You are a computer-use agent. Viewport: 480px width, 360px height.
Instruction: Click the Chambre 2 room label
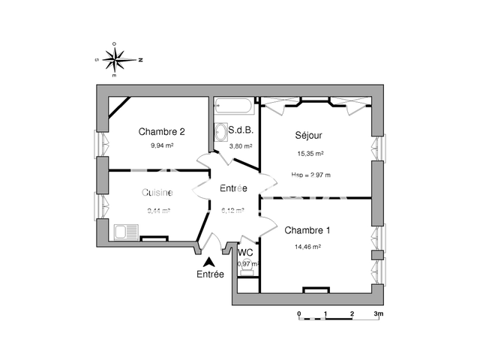point(161,132)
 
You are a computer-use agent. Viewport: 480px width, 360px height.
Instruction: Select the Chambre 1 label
point(307,231)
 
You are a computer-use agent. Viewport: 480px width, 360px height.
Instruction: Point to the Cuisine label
point(157,193)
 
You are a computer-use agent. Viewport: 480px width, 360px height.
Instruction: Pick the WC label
point(246,252)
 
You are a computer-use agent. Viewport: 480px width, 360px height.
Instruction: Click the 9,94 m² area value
point(162,146)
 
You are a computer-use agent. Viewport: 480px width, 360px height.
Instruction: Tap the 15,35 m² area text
point(310,154)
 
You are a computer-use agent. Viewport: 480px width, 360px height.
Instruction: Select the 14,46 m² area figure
point(308,246)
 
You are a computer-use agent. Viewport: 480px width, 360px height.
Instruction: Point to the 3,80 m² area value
point(241,146)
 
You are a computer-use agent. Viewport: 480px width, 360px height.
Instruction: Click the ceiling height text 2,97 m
point(310,175)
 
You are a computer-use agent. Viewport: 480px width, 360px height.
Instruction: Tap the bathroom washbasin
point(221,133)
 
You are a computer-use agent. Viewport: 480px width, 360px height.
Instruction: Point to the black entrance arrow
point(210,261)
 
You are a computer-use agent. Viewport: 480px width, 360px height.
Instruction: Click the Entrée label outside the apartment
point(211,274)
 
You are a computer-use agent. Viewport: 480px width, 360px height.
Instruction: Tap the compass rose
point(118,58)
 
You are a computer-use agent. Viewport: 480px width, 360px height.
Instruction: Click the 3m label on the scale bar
point(379,313)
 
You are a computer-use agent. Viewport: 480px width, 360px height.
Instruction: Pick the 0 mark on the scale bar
point(298,313)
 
